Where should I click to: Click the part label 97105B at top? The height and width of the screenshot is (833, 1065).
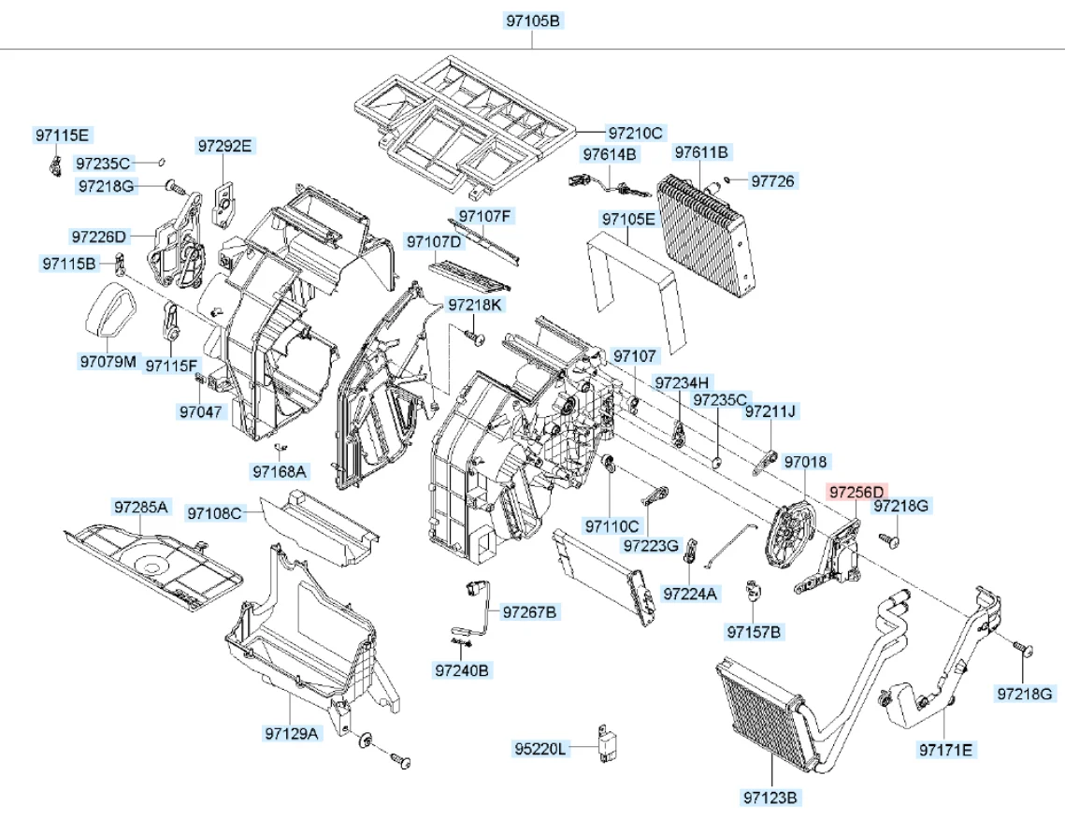tap(534, 21)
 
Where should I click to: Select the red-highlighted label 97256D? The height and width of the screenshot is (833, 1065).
tap(856, 492)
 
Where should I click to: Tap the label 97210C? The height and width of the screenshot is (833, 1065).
tap(635, 133)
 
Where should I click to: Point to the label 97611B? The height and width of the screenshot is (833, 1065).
tap(701, 152)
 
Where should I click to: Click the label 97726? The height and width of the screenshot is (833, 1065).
tap(773, 181)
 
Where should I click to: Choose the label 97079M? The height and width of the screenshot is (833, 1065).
tap(108, 361)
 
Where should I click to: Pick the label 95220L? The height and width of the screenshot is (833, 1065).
tap(540, 749)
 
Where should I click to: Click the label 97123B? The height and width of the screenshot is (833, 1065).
tap(770, 797)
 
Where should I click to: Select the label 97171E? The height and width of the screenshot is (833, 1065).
tap(945, 750)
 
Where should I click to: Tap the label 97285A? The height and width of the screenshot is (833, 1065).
tap(140, 507)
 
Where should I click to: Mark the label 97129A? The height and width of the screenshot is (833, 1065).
tap(292, 733)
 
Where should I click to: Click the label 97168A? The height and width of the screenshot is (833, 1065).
tap(280, 471)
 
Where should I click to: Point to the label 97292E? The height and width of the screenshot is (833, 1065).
tap(224, 146)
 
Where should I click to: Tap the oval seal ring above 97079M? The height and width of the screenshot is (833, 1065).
tap(109, 309)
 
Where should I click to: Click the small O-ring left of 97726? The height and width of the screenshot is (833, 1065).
tap(727, 180)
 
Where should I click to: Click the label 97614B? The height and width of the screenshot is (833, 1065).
tap(610, 155)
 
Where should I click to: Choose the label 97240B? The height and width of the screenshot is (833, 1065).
tap(462, 670)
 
